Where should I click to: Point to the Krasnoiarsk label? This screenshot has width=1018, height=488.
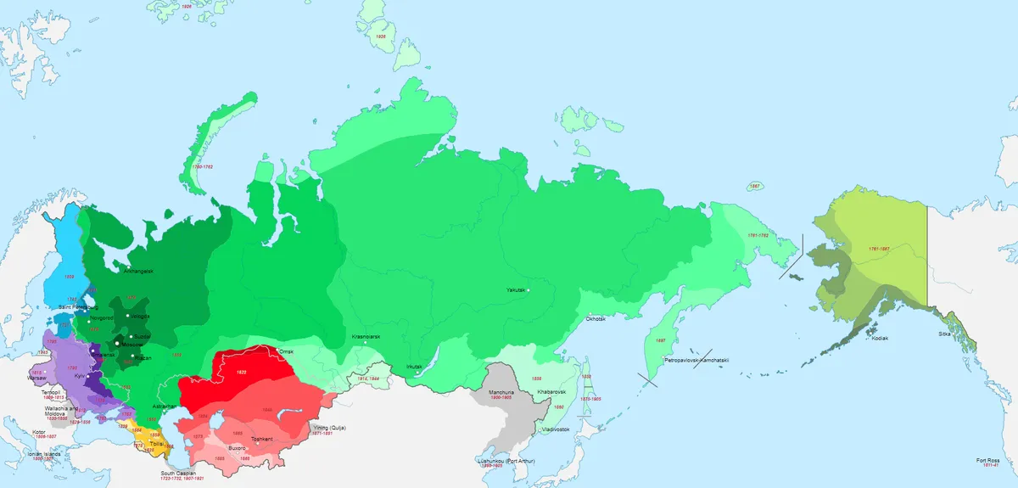pyautogui.click(x=366, y=337)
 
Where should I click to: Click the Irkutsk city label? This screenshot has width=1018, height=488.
pyautogui.click(x=414, y=366)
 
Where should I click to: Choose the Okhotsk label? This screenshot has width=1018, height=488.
pyautogui.click(x=595, y=319)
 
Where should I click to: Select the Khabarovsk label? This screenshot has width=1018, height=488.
pyautogui.click(x=551, y=391)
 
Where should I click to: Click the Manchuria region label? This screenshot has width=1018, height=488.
pyautogui.click(x=501, y=392)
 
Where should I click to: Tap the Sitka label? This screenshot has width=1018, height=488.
pyautogui.click(x=944, y=334)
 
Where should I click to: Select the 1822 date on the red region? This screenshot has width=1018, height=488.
pyautogui.click(x=242, y=372)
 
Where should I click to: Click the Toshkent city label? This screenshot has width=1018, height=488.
pyautogui.click(x=261, y=438)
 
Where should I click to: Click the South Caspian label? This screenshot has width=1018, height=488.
pyautogui.click(x=179, y=473)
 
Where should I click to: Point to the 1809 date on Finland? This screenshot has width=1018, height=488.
pyautogui.click(x=70, y=277)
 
